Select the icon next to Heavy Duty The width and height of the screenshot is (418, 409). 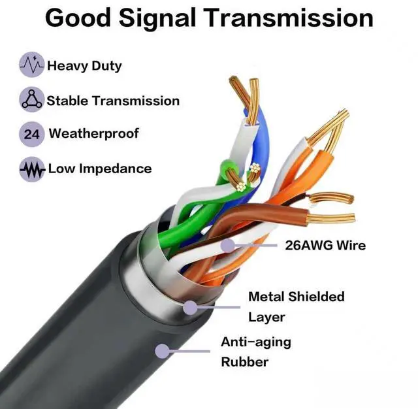click(31, 65)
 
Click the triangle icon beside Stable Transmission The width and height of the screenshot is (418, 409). click(31, 100)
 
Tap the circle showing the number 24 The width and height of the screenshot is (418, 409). click(31, 135)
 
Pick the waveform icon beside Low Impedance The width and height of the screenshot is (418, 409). click(31, 169)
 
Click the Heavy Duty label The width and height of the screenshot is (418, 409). click(84, 66)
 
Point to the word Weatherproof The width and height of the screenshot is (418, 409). click(94, 135)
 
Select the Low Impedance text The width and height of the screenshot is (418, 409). click(99, 169)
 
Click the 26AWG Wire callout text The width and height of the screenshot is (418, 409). click(325, 246)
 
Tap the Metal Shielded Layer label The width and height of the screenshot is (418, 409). click(296, 306)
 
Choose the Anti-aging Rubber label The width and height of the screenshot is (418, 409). click(255, 352)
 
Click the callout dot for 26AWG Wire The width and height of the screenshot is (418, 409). click(228, 246)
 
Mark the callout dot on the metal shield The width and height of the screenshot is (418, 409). click(190, 306)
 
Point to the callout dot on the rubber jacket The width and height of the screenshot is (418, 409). click(161, 351)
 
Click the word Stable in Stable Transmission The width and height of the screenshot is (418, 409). click(67, 101)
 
